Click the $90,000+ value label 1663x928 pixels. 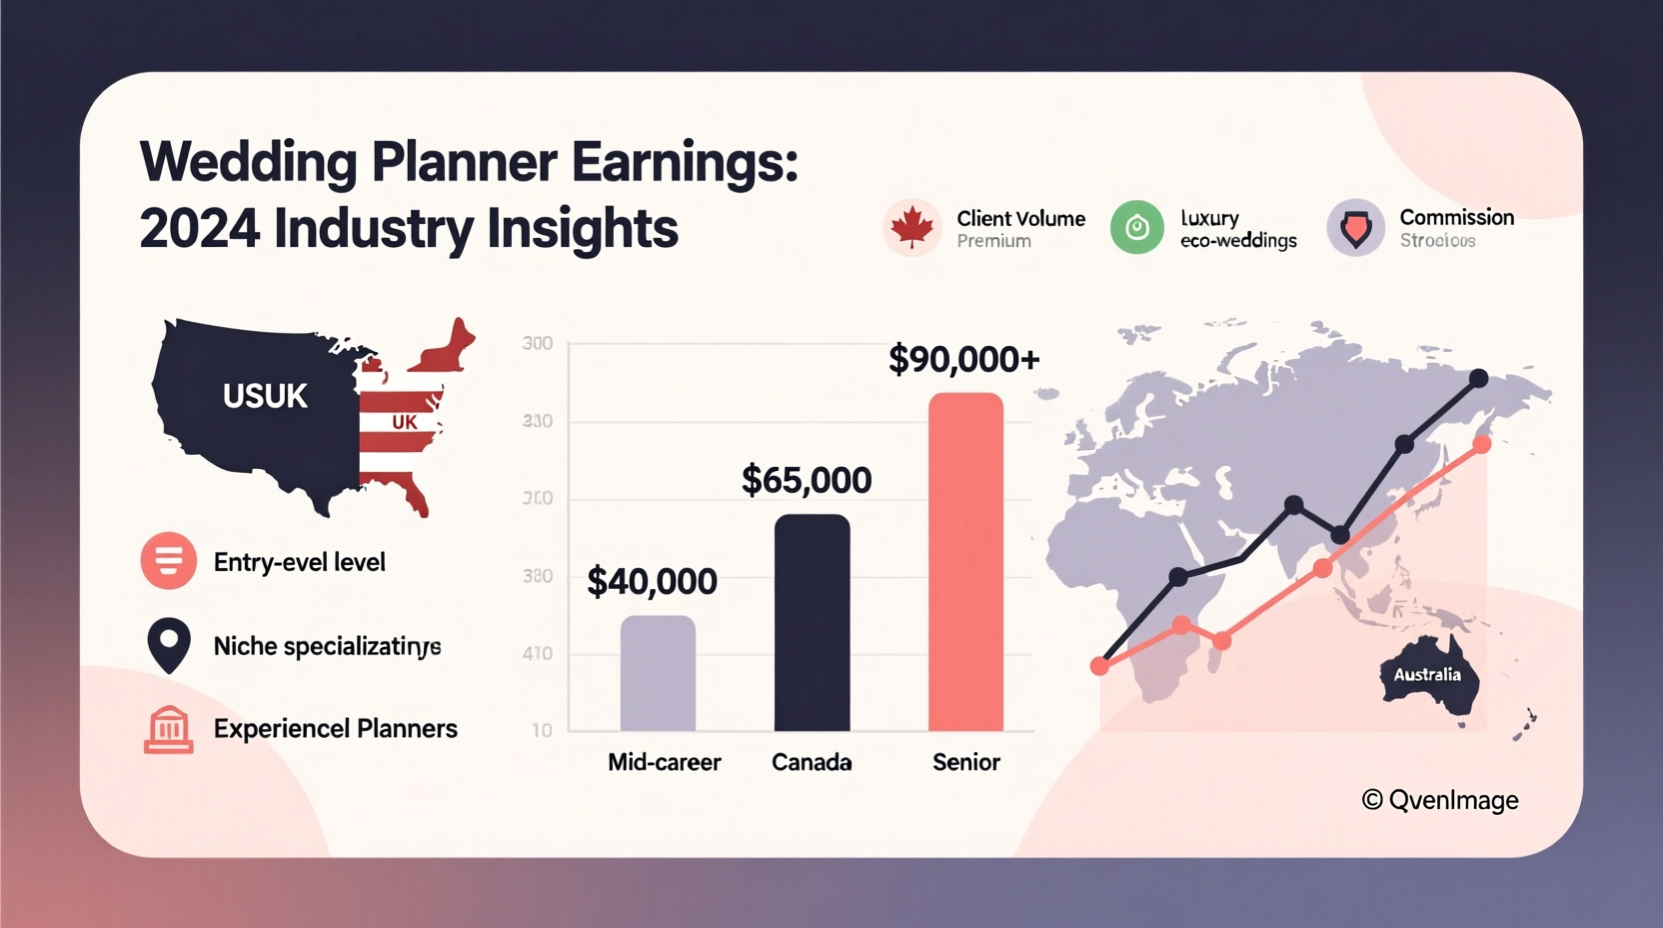[963, 359]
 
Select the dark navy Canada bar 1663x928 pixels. [812, 622]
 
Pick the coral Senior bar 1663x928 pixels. [965, 561]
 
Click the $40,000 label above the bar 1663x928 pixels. [652, 582]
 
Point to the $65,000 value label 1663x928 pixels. [806, 481]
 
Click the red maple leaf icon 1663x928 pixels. [911, 228]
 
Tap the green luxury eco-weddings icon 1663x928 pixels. [1136, 228]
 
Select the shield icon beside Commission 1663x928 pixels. [1355, 228]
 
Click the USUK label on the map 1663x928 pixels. [265, 396]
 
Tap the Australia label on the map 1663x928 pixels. [1427, 675]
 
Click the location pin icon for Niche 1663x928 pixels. [169, 645]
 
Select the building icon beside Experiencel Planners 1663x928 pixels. [168, 729]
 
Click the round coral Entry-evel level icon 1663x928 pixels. [168, 560]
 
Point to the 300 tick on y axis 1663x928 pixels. [537, 344]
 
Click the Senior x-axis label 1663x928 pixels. [965, 762]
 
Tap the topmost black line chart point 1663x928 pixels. [1478, 378]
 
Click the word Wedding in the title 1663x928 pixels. [248, 162]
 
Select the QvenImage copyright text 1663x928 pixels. [1439, 800]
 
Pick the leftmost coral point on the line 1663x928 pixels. [1099, 666]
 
